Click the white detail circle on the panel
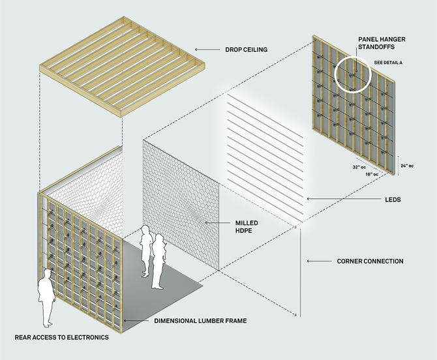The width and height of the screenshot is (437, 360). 353,76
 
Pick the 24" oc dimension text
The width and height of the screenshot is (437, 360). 409,166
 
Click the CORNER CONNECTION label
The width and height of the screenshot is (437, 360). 370,262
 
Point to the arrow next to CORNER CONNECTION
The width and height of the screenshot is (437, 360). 318,262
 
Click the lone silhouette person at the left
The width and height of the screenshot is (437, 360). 45,297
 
